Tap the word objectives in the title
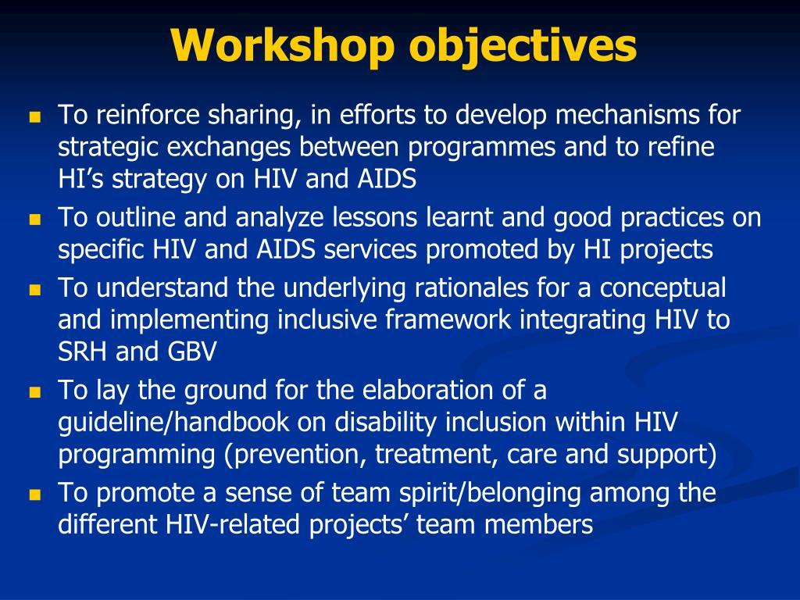522,46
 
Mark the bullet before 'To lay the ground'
34,392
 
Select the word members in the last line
540,525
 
